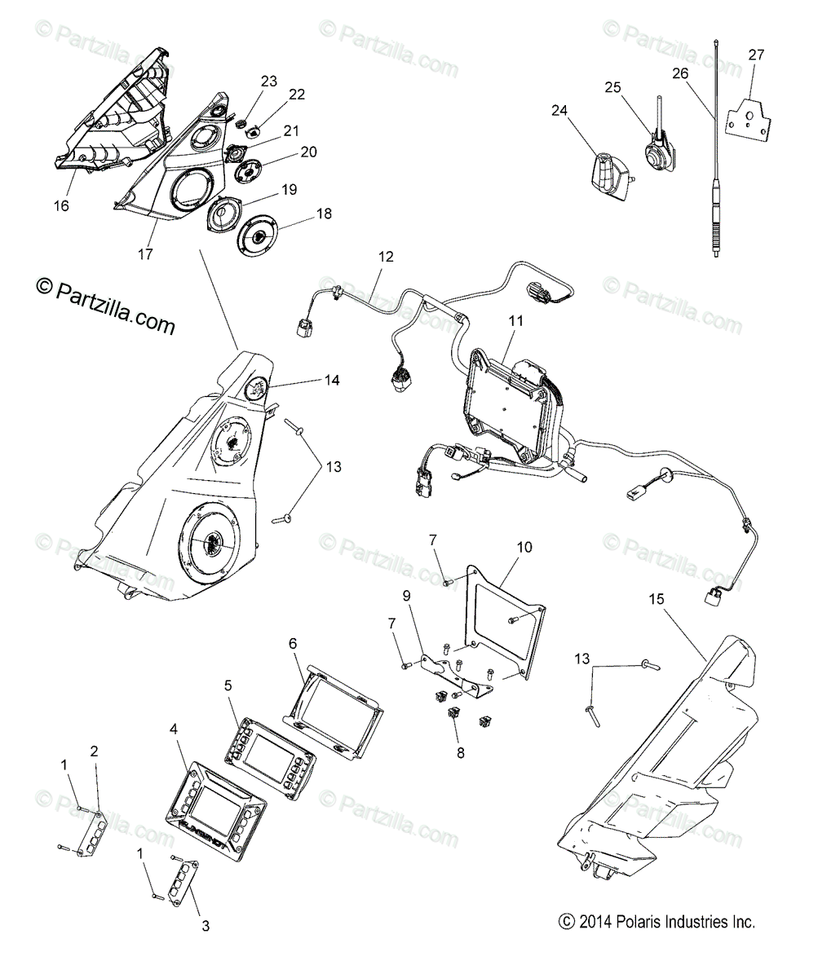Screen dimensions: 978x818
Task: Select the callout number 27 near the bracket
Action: [x=757, y=55]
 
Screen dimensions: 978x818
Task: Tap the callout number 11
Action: [x=516, y=321]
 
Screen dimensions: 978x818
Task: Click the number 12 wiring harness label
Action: [x=386, y=257]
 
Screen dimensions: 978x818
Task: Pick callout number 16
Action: [x=61, y=205]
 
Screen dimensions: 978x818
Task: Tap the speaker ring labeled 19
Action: [x=220, y=217]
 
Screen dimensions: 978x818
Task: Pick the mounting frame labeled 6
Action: [x=334, y=708]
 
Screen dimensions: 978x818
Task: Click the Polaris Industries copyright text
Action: [x=657, y=923]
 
